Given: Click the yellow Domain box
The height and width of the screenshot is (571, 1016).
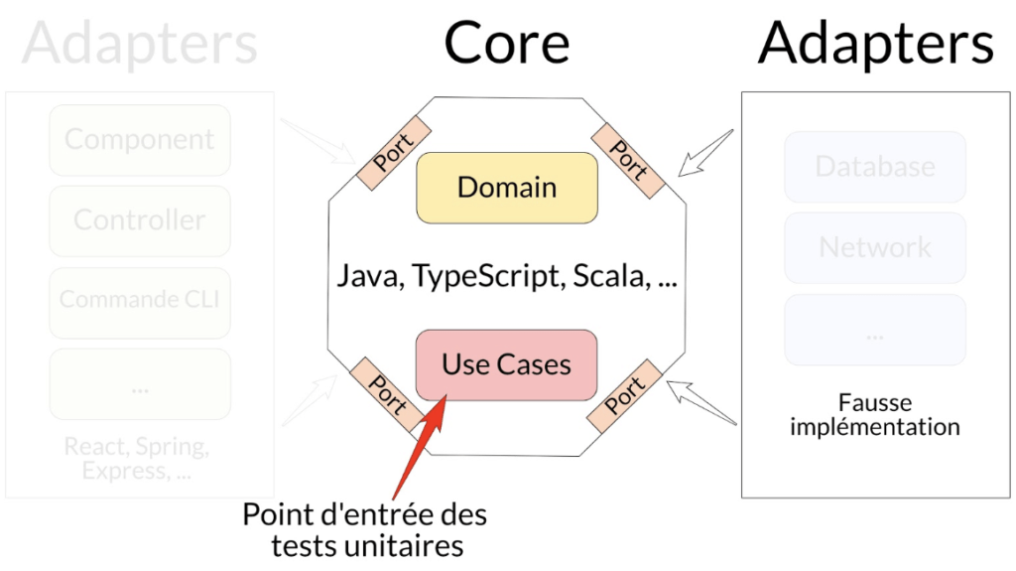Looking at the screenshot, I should (x=507, y=187).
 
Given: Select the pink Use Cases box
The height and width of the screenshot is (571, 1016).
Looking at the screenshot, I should (x=507, y=364).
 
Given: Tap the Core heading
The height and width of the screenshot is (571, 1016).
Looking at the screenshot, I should (x=507, y=44).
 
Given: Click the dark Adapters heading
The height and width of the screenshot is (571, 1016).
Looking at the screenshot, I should (x=876, y=44).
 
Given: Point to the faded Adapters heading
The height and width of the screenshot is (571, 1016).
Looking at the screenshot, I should (x=140, y=44).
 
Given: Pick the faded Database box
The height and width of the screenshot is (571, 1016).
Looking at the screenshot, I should (x=875, y=166).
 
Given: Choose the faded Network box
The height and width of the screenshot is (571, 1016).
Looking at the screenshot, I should (x=875, y=247).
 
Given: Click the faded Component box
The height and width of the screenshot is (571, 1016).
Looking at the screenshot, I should (x=140, y=140).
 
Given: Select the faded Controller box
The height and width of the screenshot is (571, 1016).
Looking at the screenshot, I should (x=140, y=220).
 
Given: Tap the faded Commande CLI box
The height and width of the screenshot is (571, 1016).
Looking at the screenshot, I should (x=140, y=300).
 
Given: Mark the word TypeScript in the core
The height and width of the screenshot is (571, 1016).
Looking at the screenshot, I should (x=479, y=275).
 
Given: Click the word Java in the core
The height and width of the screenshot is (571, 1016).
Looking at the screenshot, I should (x=364, y=275).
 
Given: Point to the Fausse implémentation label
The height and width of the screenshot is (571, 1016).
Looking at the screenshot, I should (x=875, y=415).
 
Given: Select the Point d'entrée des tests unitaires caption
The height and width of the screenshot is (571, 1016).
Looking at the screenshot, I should (x=365, y=530).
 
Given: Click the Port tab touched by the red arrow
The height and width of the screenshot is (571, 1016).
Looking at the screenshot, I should (x=387, y=393).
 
